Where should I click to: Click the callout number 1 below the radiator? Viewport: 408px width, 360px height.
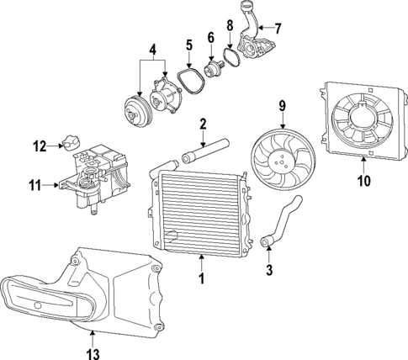(x=202, y=278)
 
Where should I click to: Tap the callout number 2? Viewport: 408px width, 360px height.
(x=202, y=124)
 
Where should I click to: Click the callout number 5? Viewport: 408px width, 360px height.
(x=189, y=45)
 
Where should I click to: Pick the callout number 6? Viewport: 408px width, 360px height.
(x=210, y=37)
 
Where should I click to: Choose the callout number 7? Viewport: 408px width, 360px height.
(x=279, y=27)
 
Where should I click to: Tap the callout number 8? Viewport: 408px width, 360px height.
(x=230, y=25)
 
